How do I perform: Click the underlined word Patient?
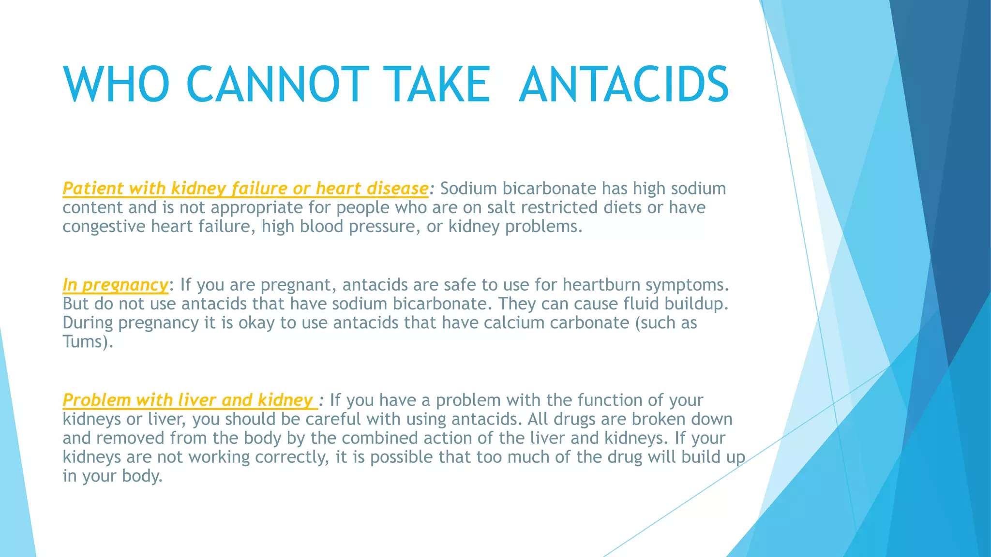click(x=93, y=188)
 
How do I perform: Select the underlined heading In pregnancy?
click(x=115, y=285)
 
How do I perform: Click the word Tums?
click(x=83, y=342)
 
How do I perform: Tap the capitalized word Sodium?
click(x=468, y=188)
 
